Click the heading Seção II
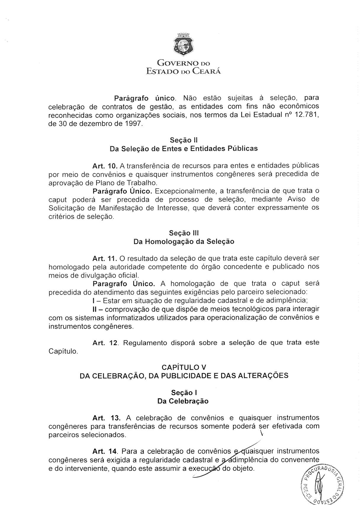click(x=184, y=140)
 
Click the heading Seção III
click(x=184, y=233)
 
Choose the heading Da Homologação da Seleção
click(x=184, y=242)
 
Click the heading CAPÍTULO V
click(x=184, y=367)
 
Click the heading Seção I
click(x=184, y=393)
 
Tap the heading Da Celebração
click(x=183, y=401)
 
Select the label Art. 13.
click(x=106, y=418)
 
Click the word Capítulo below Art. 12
click(x=63, y=352)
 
